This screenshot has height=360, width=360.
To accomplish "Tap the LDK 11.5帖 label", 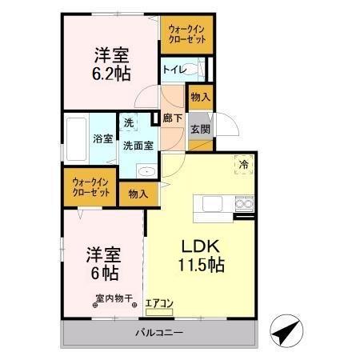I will [199, 254].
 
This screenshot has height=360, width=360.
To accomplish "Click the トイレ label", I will [174, 70].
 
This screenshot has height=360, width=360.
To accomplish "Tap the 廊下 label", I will [172, 118].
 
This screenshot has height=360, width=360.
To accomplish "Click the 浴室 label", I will [102, 138].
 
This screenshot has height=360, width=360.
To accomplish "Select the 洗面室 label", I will [137, 146].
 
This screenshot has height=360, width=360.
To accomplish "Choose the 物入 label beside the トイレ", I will [200, 98].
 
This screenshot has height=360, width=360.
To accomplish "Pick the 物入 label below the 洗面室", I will [138, 193].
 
